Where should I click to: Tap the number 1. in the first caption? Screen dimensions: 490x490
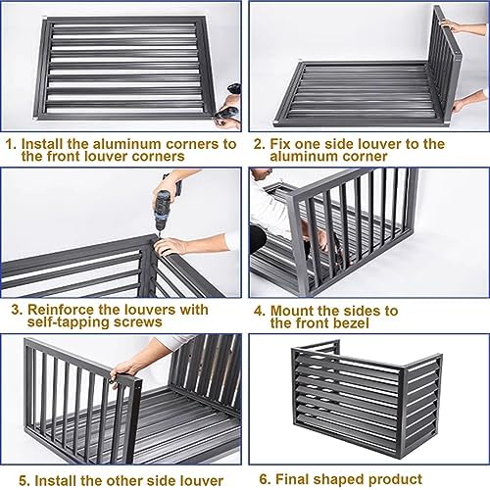pos(11,144)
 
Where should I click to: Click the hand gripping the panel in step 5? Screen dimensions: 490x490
pos(123,370)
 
